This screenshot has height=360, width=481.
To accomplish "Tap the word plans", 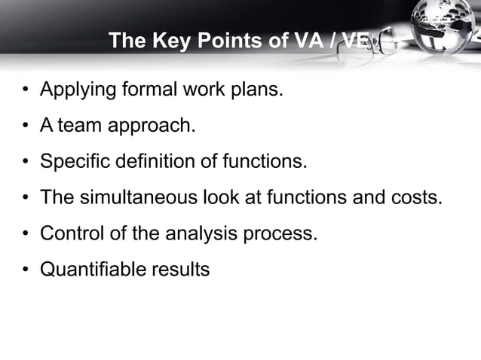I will (x=258, y=90).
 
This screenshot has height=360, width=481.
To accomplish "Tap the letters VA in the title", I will (x=299, y=40).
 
